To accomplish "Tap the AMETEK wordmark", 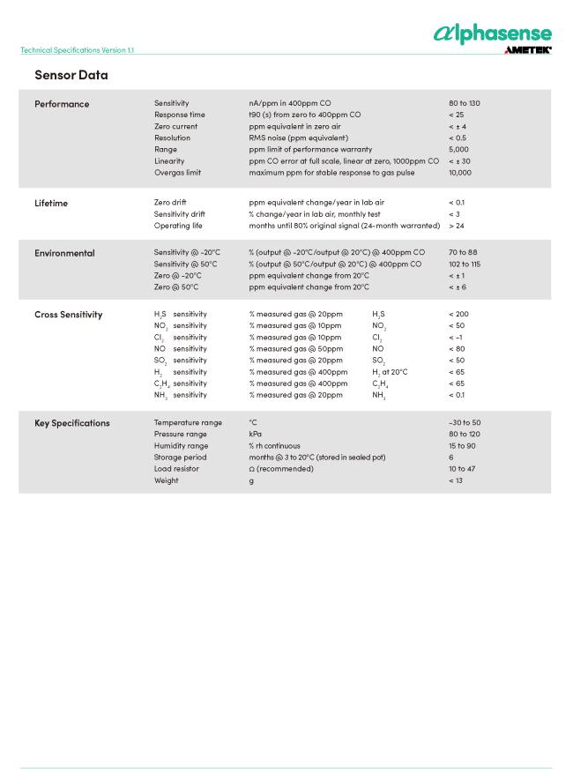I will click(x=527, y=50).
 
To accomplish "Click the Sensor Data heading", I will click(x=71, y=75).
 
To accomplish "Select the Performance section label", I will click(x=62, y=104).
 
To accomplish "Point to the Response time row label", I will click(x=179, y=115).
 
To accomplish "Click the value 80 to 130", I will click(x=464, y=103).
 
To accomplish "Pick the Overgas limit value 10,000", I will click(x=459, y=172).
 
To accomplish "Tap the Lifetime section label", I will click(x=51, y=203).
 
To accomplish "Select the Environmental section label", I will click(x=64, y=253).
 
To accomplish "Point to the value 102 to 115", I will click(x=464, y=264).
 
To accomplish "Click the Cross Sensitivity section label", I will click(x=68, y=315).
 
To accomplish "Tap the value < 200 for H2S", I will click(x=458, y=314).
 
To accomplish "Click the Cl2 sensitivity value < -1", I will click(x=457, y=338).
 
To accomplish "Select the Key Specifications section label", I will click(x=72, y=423).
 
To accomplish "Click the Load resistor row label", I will click(x=176, y=469).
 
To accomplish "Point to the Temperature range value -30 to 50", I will click(x=465, y=422).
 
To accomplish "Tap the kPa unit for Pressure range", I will click(x=255, y=434).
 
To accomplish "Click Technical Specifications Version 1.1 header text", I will click(x=77, y=50).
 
